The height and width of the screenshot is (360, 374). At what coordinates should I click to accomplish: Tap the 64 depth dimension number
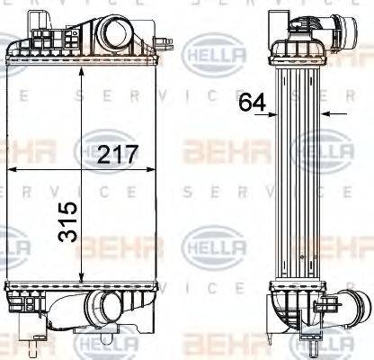tap(253, 103)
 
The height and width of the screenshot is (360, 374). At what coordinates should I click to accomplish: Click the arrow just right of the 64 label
tap(276, 114)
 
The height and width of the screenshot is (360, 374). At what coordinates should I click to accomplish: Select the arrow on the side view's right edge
tap(326, 114)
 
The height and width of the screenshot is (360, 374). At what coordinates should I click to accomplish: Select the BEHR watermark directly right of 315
tap(126, 244)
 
